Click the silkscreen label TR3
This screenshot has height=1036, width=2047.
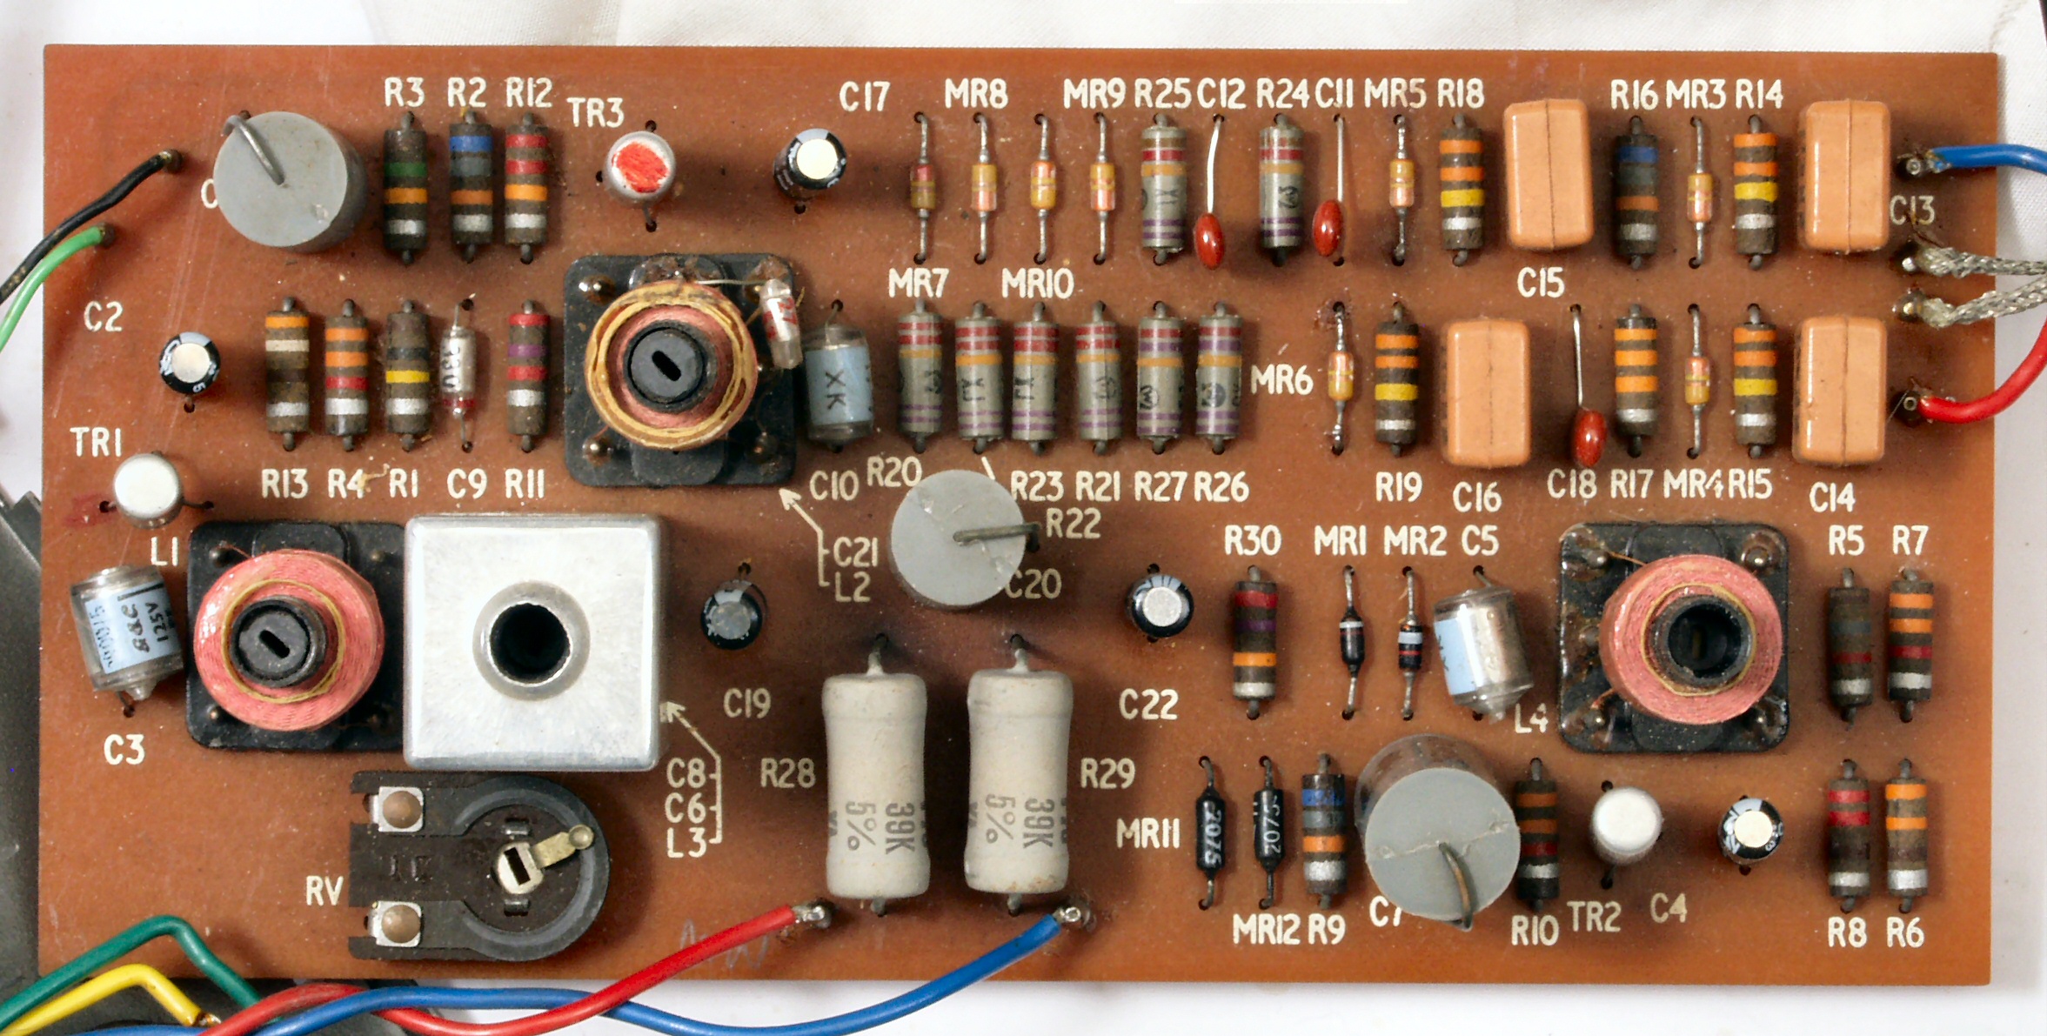click(595, 112)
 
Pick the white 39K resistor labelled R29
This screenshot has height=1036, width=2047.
click(1018, 780)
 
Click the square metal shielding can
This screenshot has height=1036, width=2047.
click(532, 642)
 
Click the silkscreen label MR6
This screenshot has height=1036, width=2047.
click(1281, 379)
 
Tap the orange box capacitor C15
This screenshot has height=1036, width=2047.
click(1548, 173)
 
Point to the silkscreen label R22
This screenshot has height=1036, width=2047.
click(1073, 524)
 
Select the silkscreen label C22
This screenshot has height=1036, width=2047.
click(1147, 705)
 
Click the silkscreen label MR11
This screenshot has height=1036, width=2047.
click(1147, 834)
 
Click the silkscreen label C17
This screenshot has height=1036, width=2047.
click(864, 97)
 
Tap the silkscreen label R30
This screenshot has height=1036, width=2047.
click(1252, 542)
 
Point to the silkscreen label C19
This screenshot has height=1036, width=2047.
click(746, 704)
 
